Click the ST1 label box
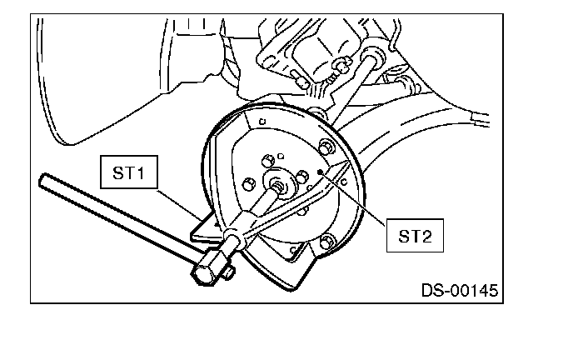pos(130,174)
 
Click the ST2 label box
pos(414,236)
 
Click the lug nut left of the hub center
pos(247,182)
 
